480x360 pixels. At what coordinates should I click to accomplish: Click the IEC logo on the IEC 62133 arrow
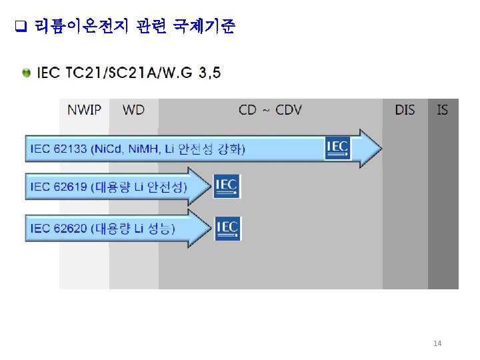(338, 147)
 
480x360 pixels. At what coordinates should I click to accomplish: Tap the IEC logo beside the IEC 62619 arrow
(227, 185)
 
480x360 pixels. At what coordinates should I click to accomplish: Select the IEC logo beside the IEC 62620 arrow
(227, 228)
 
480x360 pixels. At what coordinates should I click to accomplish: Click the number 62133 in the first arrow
(70, 149)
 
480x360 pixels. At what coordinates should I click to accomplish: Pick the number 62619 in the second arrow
(70, 186)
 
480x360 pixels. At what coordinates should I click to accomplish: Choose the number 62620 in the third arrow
(70, 229)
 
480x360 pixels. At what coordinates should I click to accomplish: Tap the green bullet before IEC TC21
(26, 72)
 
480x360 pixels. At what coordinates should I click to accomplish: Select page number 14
(437, 343)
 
